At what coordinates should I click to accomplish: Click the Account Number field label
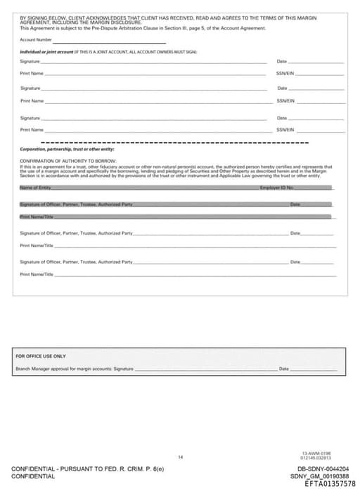[x=36, y=40]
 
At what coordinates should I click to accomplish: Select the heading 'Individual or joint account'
[x=46, y=52]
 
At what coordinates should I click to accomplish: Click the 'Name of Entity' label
[x=35, y=188]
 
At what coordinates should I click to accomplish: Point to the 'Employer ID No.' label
[x=276, y=188]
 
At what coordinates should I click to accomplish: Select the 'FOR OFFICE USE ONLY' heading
[x=40, y=356]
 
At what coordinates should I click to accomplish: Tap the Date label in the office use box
[x=284, y=368]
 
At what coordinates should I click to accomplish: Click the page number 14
[x=180, y=457]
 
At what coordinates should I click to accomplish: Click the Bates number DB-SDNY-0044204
[x=323, y=469]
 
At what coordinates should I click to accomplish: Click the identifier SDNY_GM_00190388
[x=323, y=476]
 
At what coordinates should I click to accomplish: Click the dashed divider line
[x=176, y=143]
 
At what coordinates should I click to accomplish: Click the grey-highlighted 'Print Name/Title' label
[x=37, y=217]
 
